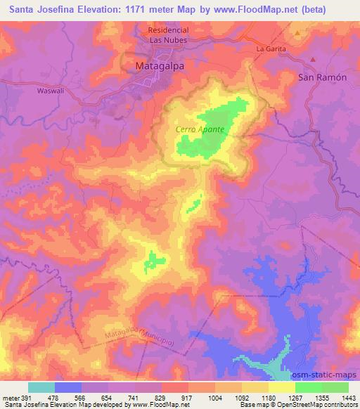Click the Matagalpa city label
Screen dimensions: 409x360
pyautogui.click(x=159, y=67)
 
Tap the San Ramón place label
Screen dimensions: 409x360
pyautogui.click(x=323, y=77)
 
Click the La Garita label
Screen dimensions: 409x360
pyautogui.click(x=271, y=49)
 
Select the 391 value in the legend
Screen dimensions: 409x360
pyautogui.click(x=22, y=398)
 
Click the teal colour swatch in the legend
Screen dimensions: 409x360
pyautogui.click(x=41, y=387)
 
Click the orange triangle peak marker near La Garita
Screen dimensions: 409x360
pyautogui.click(x=298, y=32)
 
